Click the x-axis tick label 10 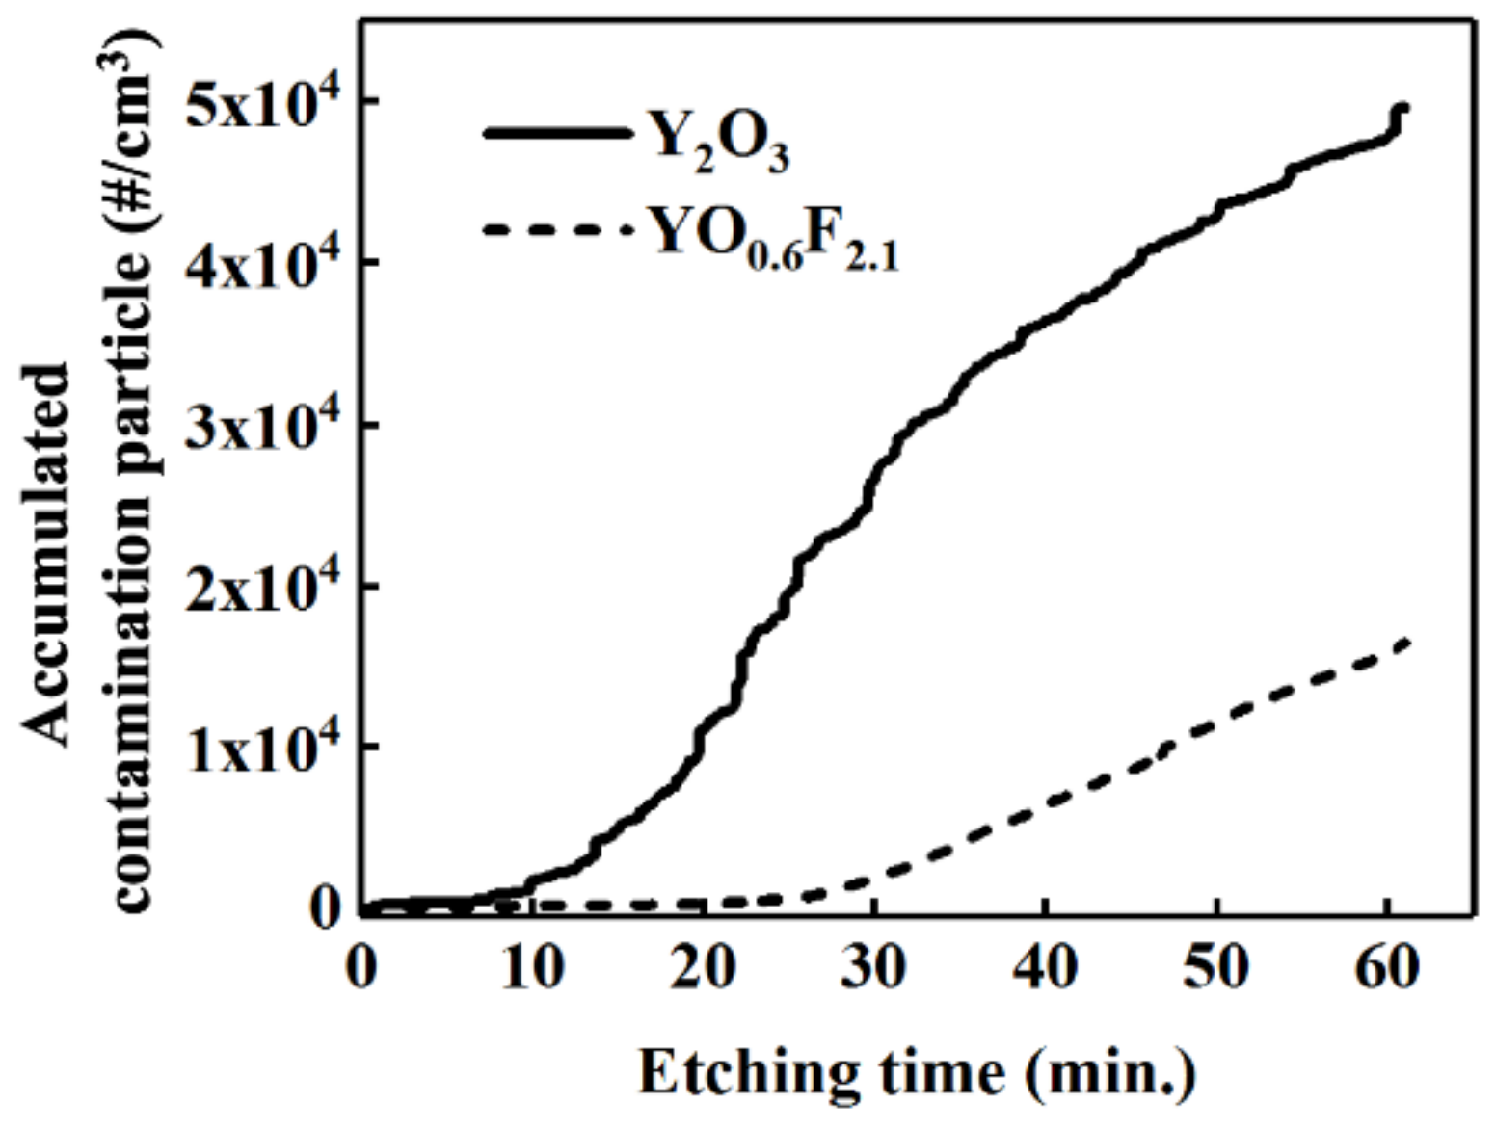pos(531,966)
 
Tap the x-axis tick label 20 pos(702,966)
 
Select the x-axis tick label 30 pos(873,966)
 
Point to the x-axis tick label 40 pos(1045,966)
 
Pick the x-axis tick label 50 pos(1215,966)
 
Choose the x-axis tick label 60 pos(1386,966)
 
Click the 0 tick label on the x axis pos(361,966)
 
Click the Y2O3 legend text pos(719,142)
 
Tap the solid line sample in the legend pos(556,133)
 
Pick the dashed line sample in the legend pos(556,230)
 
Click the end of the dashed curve pos(1408,642)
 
